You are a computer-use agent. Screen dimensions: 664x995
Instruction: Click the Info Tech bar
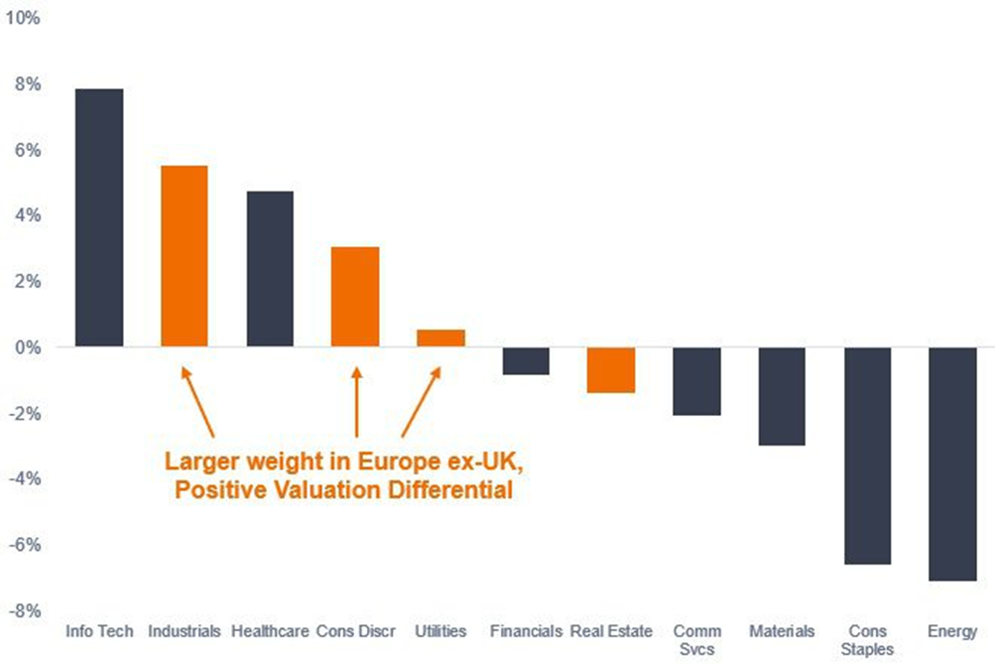[x=99, y=217]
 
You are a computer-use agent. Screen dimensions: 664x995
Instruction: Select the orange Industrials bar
[x=185, y=256]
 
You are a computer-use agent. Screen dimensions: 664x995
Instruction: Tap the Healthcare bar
[x=270, y=269]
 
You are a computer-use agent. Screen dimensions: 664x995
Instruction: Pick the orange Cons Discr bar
[x=355, y=297]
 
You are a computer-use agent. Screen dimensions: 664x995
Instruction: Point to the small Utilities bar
[x=440, y=338]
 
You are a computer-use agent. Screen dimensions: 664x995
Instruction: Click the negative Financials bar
[x=526, y=361]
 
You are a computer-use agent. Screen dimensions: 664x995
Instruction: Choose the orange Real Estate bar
[x=611, y=370]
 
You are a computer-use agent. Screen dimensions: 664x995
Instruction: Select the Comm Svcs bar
[x=697, y=381]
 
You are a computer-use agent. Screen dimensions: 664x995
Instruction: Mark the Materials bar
[x=783, y=396]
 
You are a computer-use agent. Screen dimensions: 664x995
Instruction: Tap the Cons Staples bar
[x=868, y=456]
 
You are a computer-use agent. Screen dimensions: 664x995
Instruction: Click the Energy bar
[x=953, y=464]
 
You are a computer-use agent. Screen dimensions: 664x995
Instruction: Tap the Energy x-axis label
[x=953, y=631]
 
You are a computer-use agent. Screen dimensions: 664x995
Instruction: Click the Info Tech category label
[x=99, y=631]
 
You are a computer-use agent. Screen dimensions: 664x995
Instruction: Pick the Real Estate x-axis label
[x=612, y=631]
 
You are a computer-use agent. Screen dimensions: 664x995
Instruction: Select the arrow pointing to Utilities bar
[x=421, y=402]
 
